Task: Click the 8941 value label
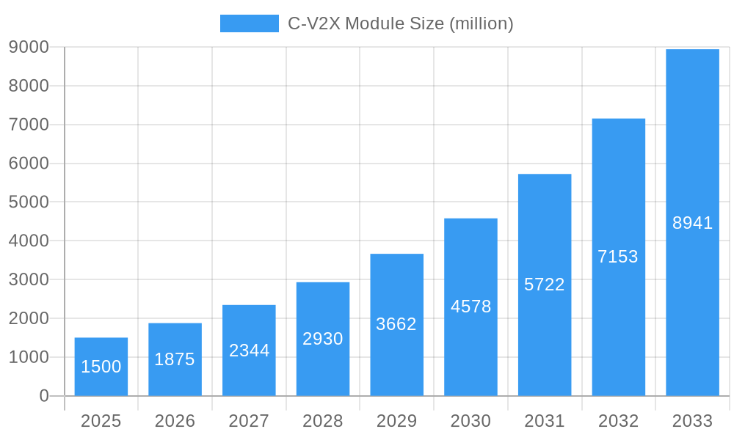(692, 223)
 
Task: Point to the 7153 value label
(618, 257)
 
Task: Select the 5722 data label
(545, 285)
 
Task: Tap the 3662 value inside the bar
(396, 324)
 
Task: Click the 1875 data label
(175, 359)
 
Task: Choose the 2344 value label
(249, 351)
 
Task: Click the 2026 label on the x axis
(175, 421)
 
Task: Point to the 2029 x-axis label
(396, 421)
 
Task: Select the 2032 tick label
(618, 421)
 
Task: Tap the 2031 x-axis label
(545, 421)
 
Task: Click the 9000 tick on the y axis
(29, 47)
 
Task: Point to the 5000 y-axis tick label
(29, 202)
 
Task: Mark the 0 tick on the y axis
(43, 396)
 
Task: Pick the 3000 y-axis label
(29, 279)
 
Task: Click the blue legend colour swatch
(250, 23)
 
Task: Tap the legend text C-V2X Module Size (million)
(400, 23)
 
